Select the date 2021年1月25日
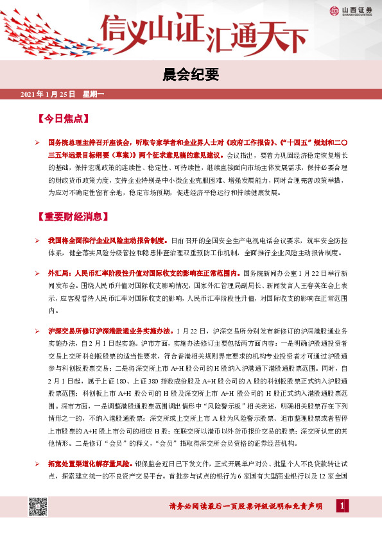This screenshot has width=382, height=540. coord(48,95)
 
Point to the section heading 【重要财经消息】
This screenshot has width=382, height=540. coord(75,215)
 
